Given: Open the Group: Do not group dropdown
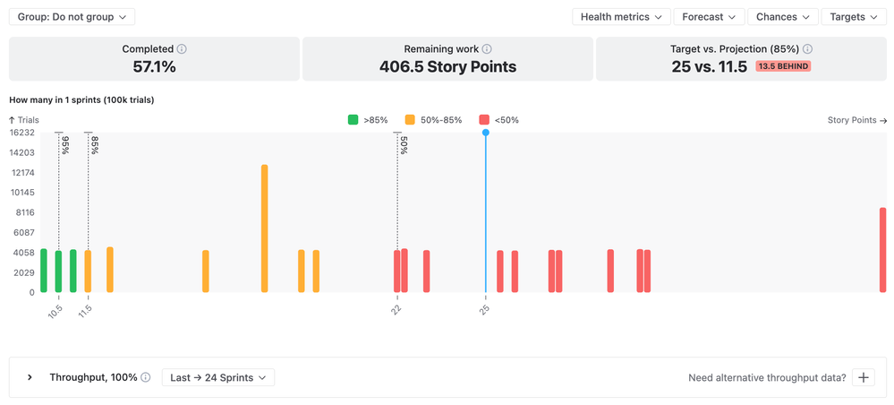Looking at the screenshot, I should point(72,17).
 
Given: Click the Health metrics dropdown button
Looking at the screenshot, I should point(622,17).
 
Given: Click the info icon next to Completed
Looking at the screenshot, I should point(183,49).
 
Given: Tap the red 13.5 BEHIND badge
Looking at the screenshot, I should point(783,66).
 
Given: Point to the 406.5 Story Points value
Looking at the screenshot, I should point(447,66).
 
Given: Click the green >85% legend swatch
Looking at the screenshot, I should point(353,120).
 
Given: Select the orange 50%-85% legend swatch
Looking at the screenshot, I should point(410,120).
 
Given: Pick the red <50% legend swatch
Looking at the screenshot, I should point(484,120).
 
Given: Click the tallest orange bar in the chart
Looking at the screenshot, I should point(265,228).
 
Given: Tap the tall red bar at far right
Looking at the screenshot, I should point(882,250).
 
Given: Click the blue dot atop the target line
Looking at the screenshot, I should point(486,133).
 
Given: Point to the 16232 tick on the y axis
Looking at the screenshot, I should point(21,133).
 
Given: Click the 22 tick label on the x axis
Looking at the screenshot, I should point(396,309).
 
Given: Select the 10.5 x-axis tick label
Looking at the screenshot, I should point(55,312).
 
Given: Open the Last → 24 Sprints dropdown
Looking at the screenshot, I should point(218,378).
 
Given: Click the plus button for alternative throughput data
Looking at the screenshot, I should point(864,378).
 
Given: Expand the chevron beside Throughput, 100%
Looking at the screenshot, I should point(30,378).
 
